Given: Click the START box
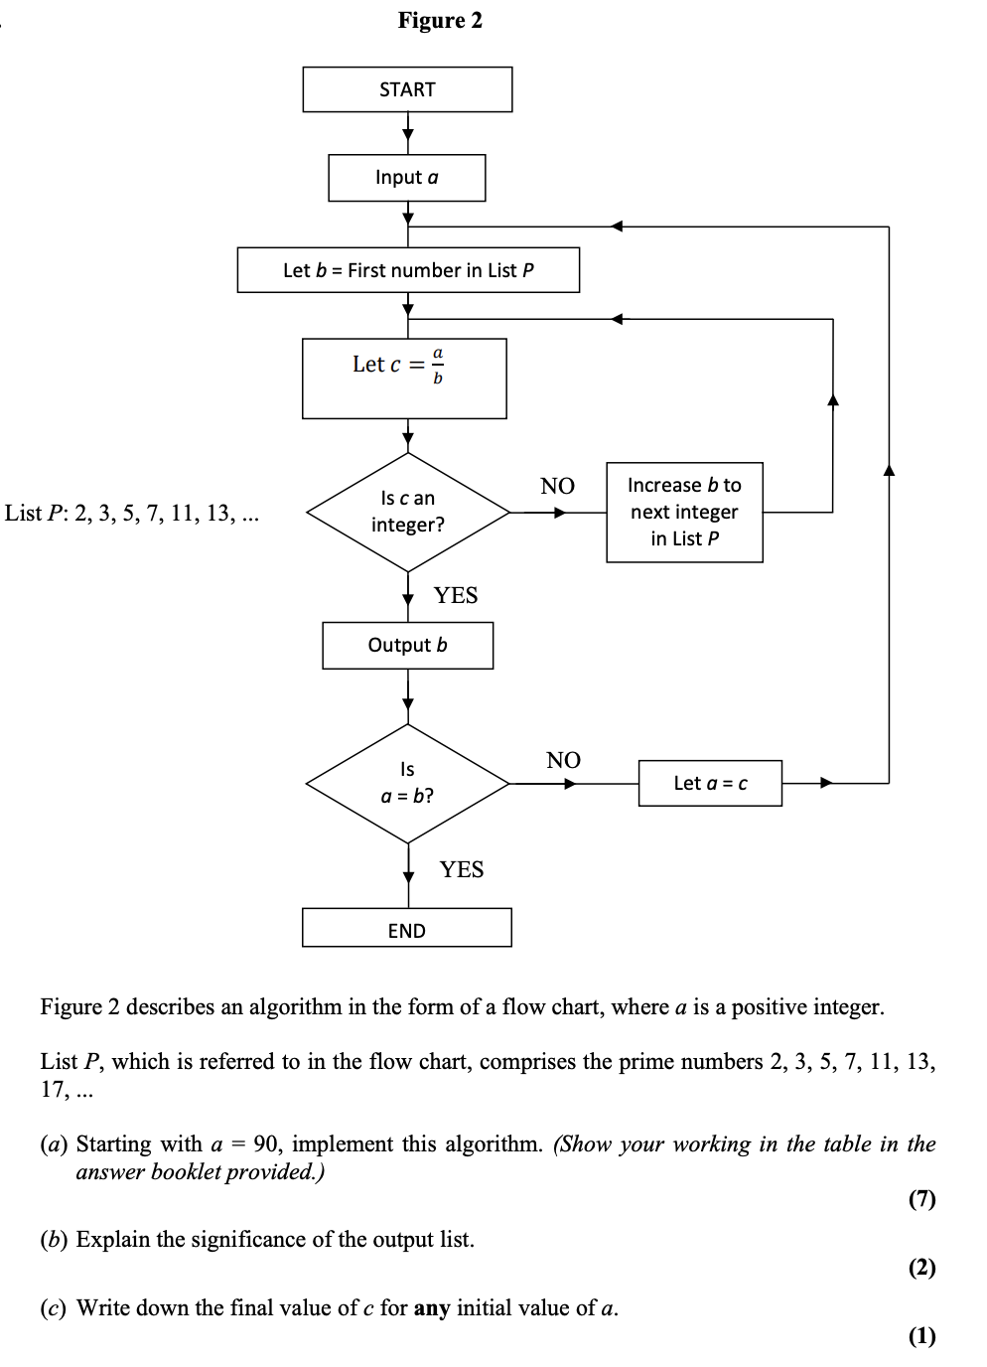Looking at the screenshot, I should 407,89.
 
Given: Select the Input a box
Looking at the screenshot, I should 407,178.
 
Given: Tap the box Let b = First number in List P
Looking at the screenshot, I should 408,270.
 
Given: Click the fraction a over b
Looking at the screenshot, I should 438,365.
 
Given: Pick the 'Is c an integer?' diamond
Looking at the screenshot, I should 408,512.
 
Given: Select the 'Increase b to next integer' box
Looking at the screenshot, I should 684,512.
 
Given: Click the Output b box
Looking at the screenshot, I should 407,646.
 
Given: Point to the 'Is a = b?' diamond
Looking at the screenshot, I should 407,783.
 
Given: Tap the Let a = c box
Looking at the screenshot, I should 710,783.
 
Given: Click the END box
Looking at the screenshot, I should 407,929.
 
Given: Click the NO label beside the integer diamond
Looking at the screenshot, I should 557,486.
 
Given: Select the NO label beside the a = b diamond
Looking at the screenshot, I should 563,760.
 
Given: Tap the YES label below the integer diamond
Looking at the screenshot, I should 456,595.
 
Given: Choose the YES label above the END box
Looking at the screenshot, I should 462,869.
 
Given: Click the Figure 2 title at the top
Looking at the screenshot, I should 440,21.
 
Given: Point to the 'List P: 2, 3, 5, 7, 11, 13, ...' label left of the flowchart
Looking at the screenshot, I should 132,513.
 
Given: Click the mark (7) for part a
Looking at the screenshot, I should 921,1199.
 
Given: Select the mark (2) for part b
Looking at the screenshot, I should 921,1267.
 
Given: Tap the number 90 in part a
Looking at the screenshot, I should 266,1143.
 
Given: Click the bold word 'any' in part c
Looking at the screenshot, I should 432,1307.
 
